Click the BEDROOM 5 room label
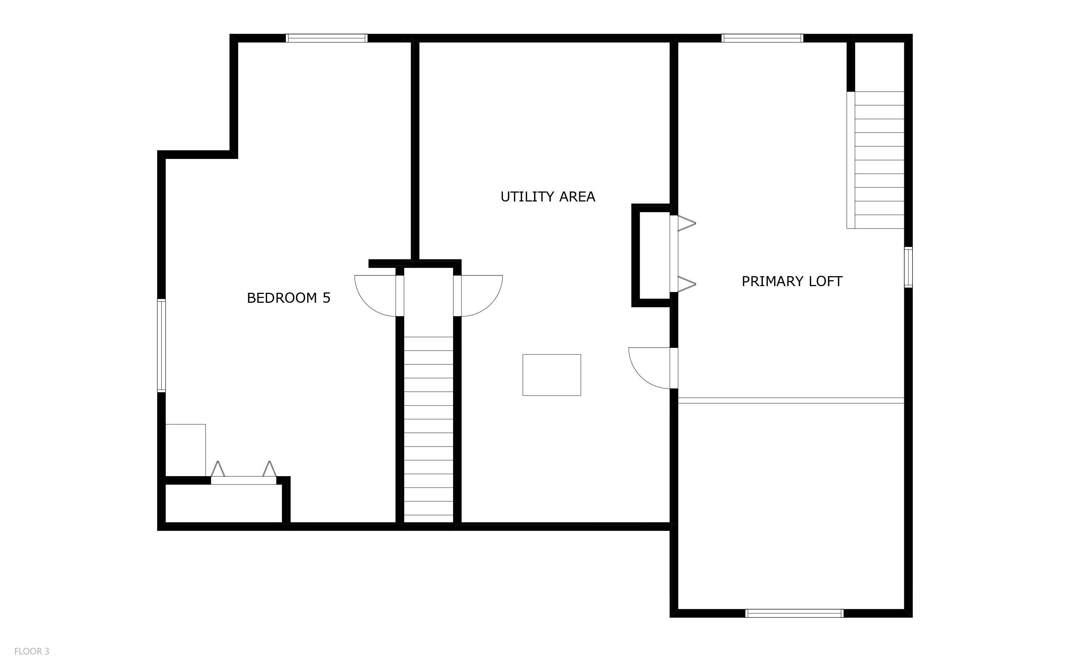pyautogui.click(x=288, y=298)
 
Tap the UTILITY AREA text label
pyautogui.click(x=548, y=197)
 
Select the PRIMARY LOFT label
pyautogui.click(x=791, y=281)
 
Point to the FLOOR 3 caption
pyautogui.click(x=31, y=651)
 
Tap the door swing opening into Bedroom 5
pyautogui.click(x=376, y=295)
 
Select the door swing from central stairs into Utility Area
pyautogui.click(x=481, y=295)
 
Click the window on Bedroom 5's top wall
pyautogui.click(x=327, y=38)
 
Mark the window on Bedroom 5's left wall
pyautogui.click(x=161, y=346)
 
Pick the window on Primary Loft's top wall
pyautogui.click(x=762, y=38)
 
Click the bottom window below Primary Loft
pyautogui.click(x=794, y=613)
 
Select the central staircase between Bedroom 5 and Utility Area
pyautogui.click(x=428, y=426)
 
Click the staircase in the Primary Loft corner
pyautogui.click(x=879, y=160)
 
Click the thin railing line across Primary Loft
pyautogui.click(x=791, y=400)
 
